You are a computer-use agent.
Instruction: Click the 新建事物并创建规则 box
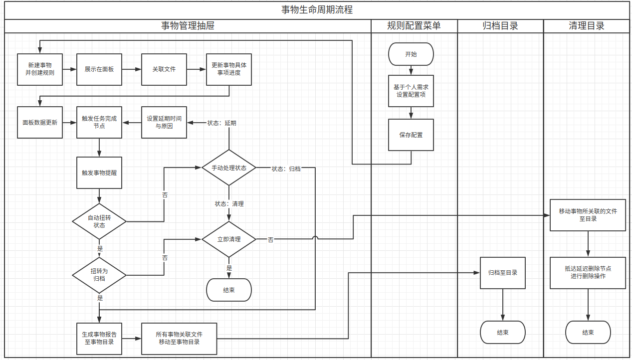click(40, 69)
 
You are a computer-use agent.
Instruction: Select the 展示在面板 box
click(99, 69)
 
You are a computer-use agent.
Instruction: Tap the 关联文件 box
click(164, 69)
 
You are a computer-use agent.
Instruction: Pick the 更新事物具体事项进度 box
click(229, 69)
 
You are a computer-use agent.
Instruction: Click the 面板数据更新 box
click(40, 122)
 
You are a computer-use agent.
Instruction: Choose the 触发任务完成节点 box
click(99, 122)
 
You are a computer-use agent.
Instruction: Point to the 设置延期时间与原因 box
click(164, 122)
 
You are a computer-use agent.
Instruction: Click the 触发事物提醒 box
click(99, 173)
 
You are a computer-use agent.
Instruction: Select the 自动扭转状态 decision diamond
click(99, 221)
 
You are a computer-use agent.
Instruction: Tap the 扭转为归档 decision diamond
click(99, 275)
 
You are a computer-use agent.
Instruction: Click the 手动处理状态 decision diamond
click(229, 168)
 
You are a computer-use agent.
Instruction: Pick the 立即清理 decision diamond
click(229, 239)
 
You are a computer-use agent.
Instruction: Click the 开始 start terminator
click(411, 54)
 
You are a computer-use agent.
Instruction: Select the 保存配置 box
click(411, 135)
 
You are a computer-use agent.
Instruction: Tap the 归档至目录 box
click(503, 273)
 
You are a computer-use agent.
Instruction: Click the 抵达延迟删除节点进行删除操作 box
click(588, 272)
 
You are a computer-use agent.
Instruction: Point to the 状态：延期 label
click(222, 123)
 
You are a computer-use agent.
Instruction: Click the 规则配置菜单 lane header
click(414, 26)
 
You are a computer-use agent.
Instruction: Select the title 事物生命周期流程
click(317, 9)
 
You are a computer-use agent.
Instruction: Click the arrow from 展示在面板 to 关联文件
click(132, 69)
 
